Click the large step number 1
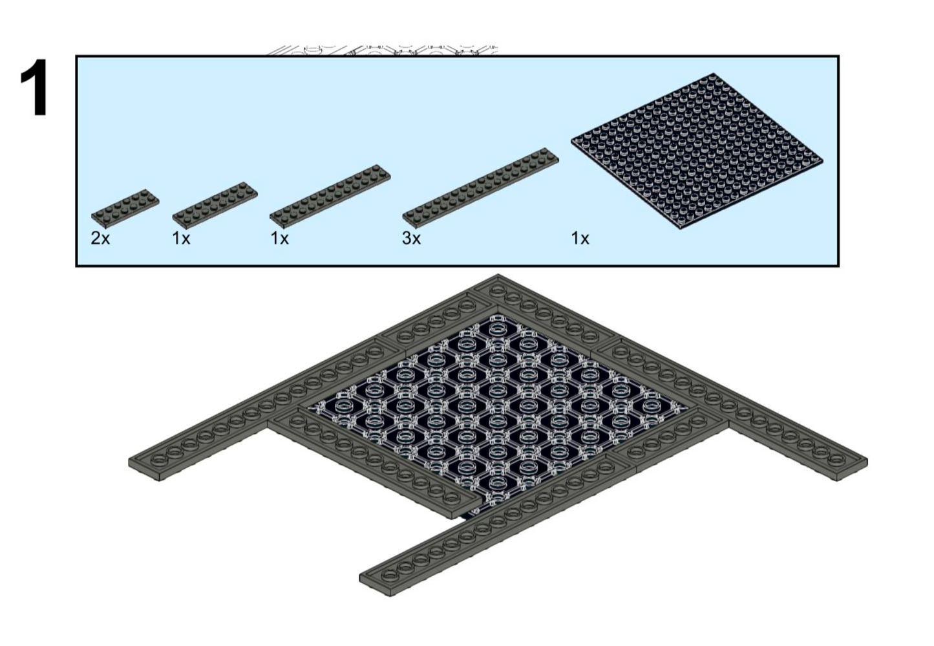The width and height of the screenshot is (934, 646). [x=35, y=88]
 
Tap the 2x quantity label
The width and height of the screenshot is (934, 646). [x=100, y=239]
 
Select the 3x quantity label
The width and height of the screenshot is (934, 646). [x=412, y=239]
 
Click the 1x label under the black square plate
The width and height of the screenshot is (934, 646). [x=580, y=239]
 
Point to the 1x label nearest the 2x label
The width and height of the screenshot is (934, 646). [x=182, y=239]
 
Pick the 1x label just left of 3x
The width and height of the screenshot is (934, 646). [x=280, y=239]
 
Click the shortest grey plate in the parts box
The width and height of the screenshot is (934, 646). [x=125, y=208]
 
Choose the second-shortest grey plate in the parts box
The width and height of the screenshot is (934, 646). [x=215, y=205]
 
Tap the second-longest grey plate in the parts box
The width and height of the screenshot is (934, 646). [x=330, y=197]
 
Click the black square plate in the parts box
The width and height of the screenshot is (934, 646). [x=697, y=151]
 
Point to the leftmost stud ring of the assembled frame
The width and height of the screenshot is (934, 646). [x=158, y=460]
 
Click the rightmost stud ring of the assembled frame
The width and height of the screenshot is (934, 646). [x=837, y=460]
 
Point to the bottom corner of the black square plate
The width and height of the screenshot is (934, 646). [x=681, y=229]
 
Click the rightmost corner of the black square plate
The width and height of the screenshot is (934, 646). [x=823, y=161]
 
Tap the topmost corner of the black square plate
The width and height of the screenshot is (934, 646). [x=714, y=74]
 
